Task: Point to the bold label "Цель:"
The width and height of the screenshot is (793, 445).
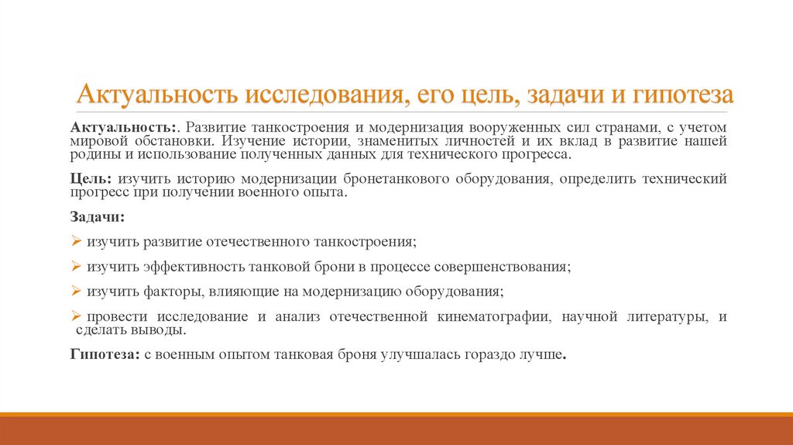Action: click(90, 179)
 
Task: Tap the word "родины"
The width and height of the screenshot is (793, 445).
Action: click(91, 154)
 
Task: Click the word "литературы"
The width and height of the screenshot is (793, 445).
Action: click(664, 317)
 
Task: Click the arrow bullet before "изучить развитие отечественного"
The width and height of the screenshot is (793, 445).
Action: click(76, 241)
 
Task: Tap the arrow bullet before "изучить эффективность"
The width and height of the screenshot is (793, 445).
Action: click(76, 266)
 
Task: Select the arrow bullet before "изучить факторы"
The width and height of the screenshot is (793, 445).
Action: click(76, 291)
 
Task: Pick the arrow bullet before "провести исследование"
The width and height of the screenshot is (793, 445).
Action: click(76, 316)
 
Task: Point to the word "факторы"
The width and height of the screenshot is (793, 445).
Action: click(174, 292)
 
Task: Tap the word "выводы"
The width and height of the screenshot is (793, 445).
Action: click(162, 330)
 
